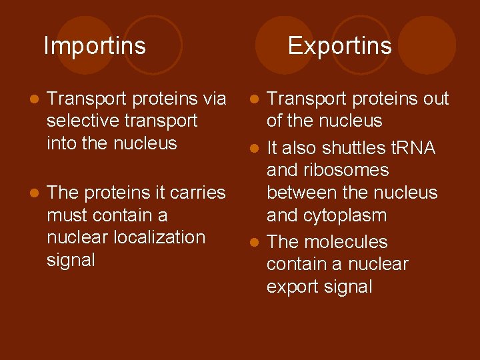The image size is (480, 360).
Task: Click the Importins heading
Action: click(x=95, y=46)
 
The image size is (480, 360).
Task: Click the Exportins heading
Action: click(x=339, y=46)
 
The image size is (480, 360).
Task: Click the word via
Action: click(x=214, y=99)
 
